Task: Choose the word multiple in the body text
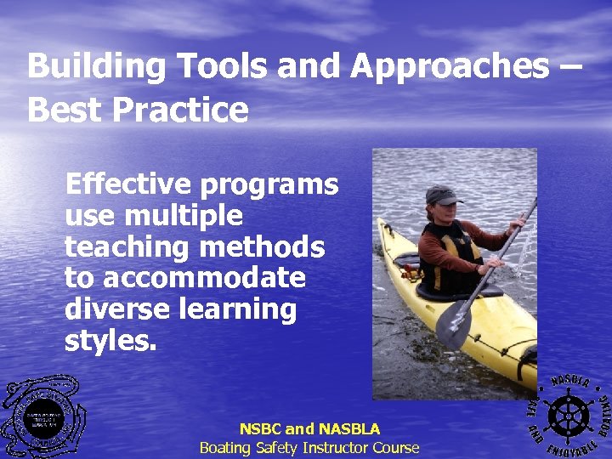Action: point(188,216)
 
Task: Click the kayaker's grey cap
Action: point(442,195)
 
